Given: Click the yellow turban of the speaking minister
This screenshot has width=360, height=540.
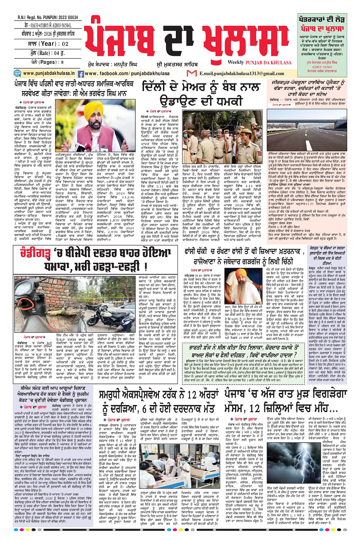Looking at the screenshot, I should coord(94,109).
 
